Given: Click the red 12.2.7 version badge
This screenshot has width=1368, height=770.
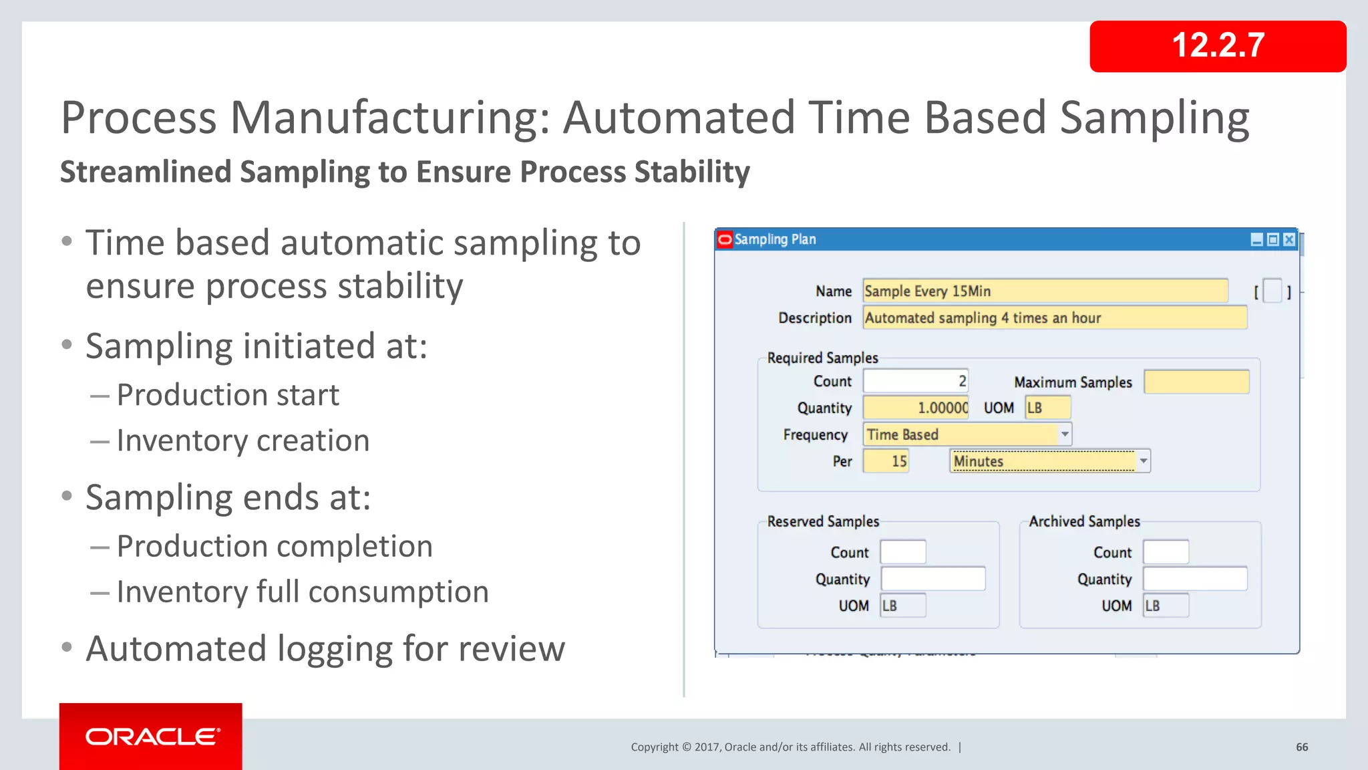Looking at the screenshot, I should [x=1217, y=46].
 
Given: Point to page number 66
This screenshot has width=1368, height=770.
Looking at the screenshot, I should [x=1302, y=747].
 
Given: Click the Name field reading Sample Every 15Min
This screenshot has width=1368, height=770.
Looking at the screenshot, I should [x=1045, y=291].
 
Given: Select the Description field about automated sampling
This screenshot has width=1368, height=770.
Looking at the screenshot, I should [x=1054, y=317].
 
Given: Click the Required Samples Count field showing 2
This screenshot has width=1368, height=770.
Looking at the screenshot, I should [x=915, y=381].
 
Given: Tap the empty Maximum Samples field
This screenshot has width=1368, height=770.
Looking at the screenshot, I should [x=1196, y=382].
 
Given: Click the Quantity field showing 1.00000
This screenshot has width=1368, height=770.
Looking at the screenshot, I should [x=915, y=408].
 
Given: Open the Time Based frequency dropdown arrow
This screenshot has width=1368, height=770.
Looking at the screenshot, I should [x=1065, y=434].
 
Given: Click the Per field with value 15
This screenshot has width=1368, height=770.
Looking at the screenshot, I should [x=886, y=461].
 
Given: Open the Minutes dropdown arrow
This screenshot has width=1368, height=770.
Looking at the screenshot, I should [x=1144, y=461].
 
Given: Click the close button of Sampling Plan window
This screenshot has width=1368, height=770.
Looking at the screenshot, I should [x=1289, y=239].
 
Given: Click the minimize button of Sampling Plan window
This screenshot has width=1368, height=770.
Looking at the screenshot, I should [x=1256, y=239].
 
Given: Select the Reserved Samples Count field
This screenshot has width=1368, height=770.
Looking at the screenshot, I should [x=903, y=552].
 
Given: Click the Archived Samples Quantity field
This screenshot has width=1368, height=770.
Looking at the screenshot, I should [x=1194, y=579].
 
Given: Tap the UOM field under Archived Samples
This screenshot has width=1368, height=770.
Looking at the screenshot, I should [x=1166, y=606].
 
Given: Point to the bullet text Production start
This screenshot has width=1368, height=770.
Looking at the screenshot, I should [x=228, y=395].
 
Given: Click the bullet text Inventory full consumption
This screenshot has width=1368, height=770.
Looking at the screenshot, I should [x=303, y=592].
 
